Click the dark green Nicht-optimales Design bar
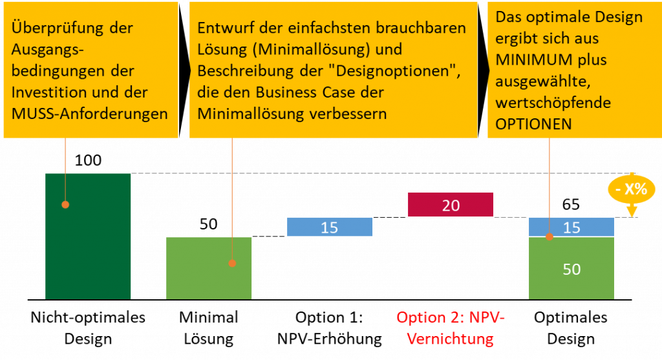tap(88, 237)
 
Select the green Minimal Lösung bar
tap(209, 268)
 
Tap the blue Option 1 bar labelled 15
tap(330, 227)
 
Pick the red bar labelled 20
tap(451, 205)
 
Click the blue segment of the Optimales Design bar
tap(571, 227)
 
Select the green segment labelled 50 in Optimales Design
tap(571, 268)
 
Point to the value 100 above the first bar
tap(88, 160)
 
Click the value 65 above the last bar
tap(571, 205)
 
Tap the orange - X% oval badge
tap(632, 189)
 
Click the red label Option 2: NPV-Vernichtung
tap(451, 328)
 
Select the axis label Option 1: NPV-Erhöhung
tap(329, 328)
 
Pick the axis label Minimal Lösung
tap(209, 328)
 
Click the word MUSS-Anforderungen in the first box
tap(89, 114)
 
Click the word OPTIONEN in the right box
tap(533, 124)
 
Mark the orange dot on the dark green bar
tap(65, 205)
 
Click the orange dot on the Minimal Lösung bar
tap(232, 263)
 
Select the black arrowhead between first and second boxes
tap(184, 70)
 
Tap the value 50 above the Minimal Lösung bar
tap(209, 224)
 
